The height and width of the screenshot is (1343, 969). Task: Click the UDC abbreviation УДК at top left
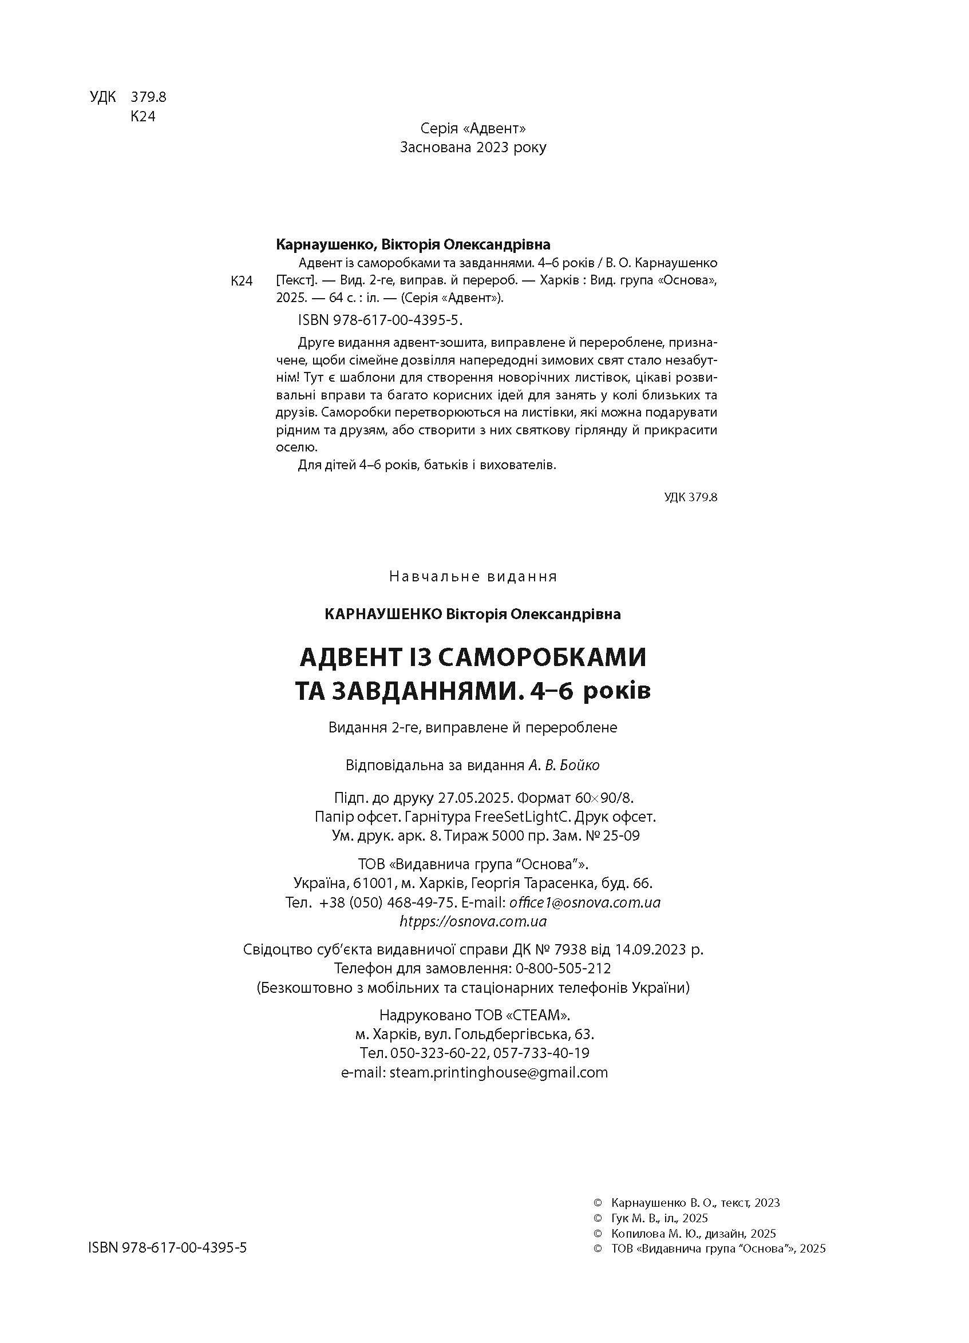pyautogui.click(x=103, y=97)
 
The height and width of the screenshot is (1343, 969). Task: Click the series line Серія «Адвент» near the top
pyautogui.click(x=473, y=128)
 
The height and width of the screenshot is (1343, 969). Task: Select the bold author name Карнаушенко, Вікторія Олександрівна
pyautogui.click(x=413, y=244)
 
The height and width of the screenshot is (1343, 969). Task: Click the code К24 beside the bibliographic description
pyautogui.click(x=242, y=281)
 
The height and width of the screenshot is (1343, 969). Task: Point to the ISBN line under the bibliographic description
pyautogui.click(x=379, y=320)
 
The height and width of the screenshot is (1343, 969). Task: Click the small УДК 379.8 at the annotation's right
pyautogui.click(x=691, y=497)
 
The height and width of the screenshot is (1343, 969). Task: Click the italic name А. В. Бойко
pyautogui.click(x=564, y=765)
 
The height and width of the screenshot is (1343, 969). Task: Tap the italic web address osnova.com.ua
pyautogui.click(x=473, y=921)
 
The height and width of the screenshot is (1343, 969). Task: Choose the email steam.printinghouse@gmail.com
pyautogui.click(x=499, y=1072)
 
